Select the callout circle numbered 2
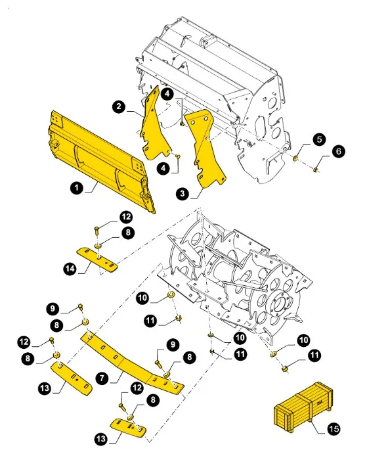[119, 106]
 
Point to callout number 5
[318, 139]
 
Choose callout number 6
[338, 151]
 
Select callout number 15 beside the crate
[334, 428]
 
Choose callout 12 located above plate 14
[125, 217]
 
